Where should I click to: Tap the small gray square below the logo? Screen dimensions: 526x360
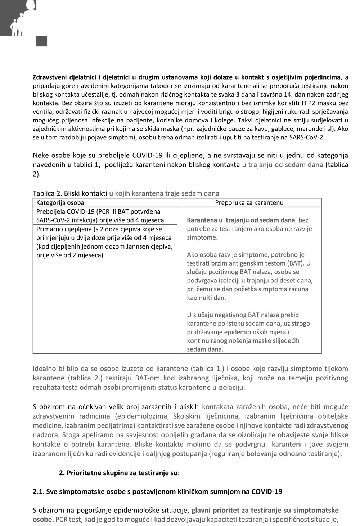click(42, 41)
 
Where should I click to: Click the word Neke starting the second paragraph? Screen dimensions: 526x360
click(41, 156)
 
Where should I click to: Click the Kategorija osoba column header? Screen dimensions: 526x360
click(60, 202)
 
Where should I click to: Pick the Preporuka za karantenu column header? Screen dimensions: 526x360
click(249, 202)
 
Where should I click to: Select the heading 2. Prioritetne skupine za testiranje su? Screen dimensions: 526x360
click(119, 473)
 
